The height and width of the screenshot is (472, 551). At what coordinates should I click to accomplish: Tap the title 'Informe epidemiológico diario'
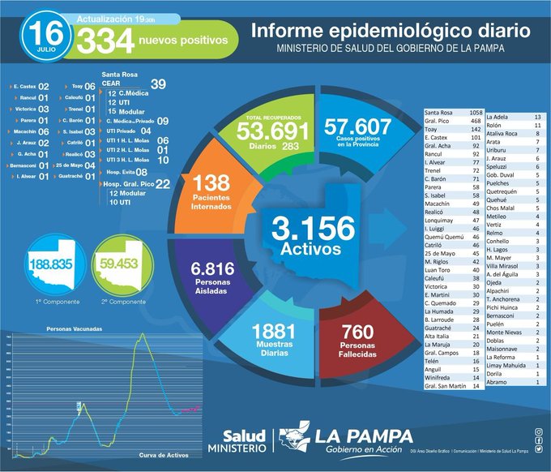pos(391,31)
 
